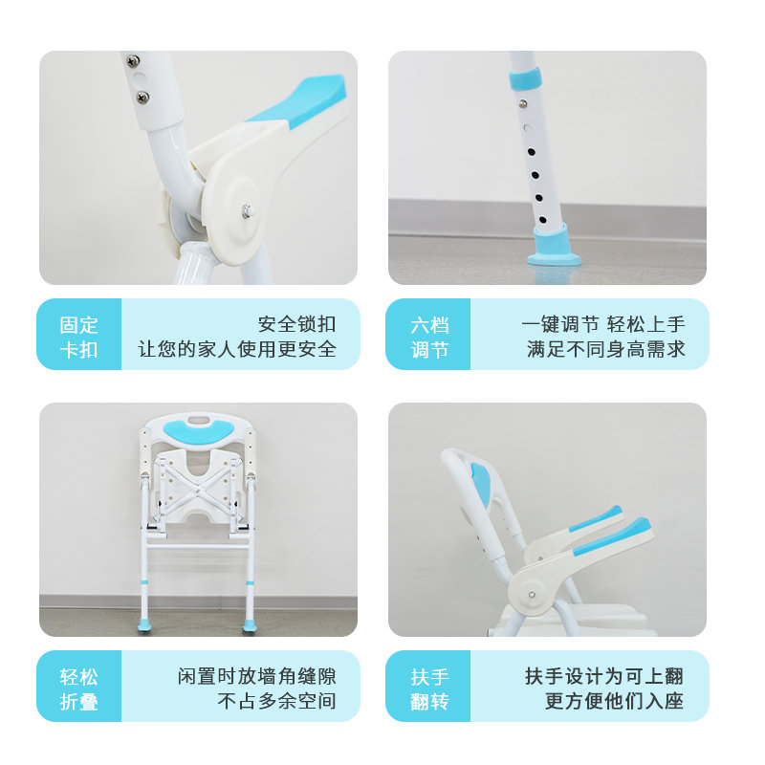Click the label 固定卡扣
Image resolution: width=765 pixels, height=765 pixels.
click(x=78, y=338)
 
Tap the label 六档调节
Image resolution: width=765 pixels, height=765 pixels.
click(x=429, y=338)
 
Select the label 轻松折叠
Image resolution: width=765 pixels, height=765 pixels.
click(x=78, y=688)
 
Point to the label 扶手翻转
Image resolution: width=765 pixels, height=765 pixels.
click(x=429, y=688)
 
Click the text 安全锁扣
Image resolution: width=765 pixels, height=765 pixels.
click(x=296, y=324)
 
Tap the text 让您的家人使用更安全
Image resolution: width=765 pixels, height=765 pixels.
click(x=237, y=349)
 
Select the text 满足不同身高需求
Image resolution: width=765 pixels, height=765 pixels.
click(x=606, y=349)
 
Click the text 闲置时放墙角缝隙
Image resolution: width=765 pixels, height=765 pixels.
click(x=257, y=676)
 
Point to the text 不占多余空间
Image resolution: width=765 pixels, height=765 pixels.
click(x=276, y=701)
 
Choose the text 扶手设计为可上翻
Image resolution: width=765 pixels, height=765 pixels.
click(x=604, y=676)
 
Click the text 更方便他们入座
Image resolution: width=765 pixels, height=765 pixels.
click(x=614, y=701)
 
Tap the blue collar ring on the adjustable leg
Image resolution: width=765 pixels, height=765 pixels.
click(x=524, y=79)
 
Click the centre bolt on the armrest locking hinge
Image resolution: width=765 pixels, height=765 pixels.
click(x=248, y=211)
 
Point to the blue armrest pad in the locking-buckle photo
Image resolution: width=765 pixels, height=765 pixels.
click(x=297, y=101)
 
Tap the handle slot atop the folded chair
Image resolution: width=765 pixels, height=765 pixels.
click(x=198, y=420)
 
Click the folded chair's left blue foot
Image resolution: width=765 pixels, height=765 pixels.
click(x=144, y=624)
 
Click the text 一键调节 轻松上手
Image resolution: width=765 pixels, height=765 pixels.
click(x=603, y=324)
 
